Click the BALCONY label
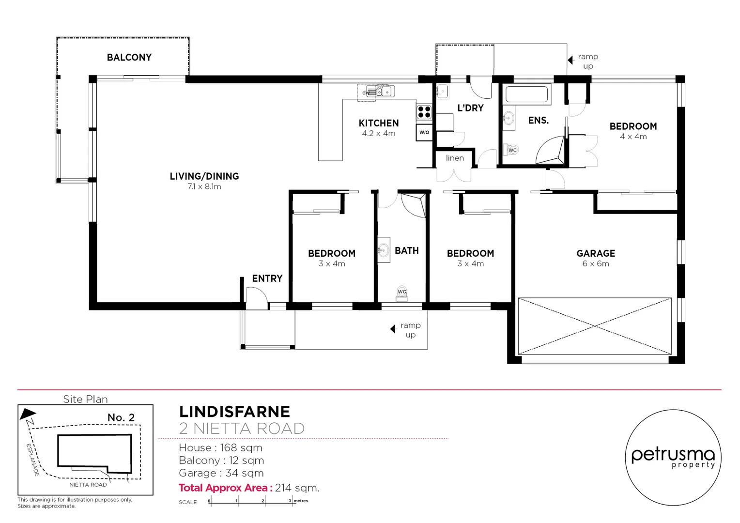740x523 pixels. [129, 57]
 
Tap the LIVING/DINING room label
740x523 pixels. [204, 176]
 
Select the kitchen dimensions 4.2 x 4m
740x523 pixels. [378, 134]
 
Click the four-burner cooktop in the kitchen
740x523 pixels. [424, 112]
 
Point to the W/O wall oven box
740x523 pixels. [424, 132]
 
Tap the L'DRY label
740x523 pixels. [470, 108]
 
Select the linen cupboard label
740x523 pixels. [455, 158]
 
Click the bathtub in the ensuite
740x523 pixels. [526, 94]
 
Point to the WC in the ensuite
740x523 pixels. [511, 150]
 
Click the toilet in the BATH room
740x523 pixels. [402, 293]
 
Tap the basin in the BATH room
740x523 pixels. [384, 250]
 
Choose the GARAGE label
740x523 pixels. [596, 253]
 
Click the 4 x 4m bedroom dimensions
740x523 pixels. [633, 137]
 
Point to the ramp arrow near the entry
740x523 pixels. [393, 329]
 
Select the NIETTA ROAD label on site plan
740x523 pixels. [88, 485]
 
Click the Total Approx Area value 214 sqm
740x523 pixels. [297, 488]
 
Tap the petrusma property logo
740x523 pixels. [673, 457]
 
